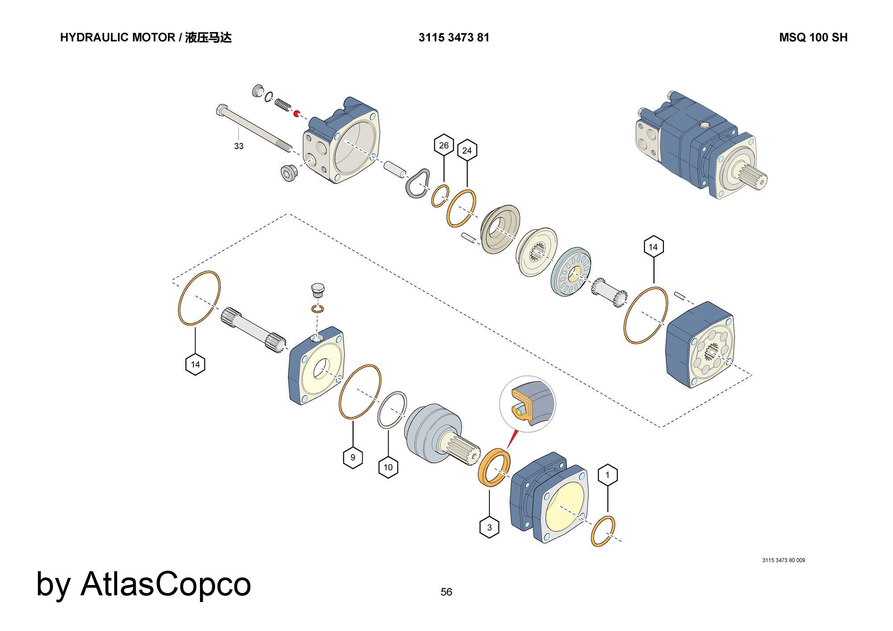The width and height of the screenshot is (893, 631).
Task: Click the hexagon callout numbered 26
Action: coord(444,145)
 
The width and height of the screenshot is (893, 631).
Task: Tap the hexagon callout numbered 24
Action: coord(467,150)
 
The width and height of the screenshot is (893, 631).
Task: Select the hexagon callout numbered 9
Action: coord(353,457)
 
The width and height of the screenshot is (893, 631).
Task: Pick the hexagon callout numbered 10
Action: coord(388,467)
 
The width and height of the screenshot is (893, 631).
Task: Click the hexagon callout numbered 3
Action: coord(489,527)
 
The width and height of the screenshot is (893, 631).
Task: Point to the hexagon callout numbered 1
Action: coord(607,475)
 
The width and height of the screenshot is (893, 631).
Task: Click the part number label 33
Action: coord(239,146)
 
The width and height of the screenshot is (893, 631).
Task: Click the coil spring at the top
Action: coord(282,105)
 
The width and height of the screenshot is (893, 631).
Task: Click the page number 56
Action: coord(446,592)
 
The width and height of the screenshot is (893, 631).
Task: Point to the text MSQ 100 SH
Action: coord(813,37)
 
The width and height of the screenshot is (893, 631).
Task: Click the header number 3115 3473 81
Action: coord(454,37)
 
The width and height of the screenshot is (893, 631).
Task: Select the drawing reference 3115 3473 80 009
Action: coord(784,560)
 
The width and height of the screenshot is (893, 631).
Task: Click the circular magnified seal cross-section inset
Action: coord(528,403)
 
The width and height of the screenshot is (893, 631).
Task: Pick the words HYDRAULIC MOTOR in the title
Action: coord(117,37)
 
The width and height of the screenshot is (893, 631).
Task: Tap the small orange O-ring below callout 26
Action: coord(440,196)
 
